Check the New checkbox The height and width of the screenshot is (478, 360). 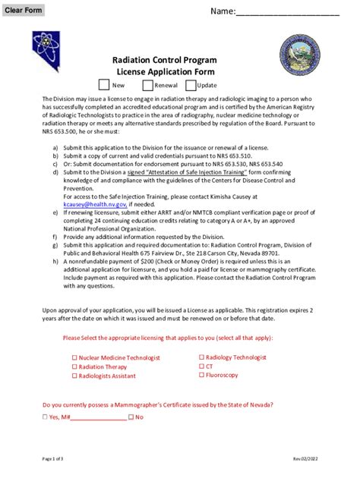tap(104, 85)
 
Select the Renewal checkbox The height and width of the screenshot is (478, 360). tap(146, 85)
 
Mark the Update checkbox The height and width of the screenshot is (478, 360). tap(190, 85)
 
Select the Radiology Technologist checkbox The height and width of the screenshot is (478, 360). tap(202, 357)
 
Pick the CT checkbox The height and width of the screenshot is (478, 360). tap(202, 366)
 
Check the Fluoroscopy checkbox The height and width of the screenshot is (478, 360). tap(202, 375)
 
